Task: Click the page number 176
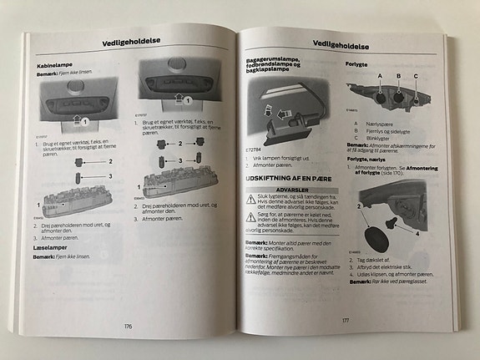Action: click(127, 326)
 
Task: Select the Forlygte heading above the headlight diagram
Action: click(356, 63)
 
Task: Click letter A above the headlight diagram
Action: click(380, 76)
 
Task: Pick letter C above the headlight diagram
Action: click(416, 76)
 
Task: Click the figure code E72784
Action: click(254, 150)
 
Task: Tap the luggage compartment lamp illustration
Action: click(284, 117)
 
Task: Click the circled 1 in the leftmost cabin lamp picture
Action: click(83, 122)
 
